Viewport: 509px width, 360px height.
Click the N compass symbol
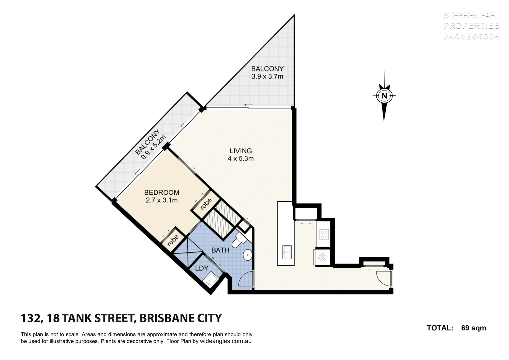tap(384, 96)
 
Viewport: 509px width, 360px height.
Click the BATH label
tap(220, 250)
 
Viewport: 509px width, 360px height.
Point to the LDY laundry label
tap(201, 268)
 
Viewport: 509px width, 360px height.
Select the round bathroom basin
tap(248, 256)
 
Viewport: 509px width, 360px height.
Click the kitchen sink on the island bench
tap(287, 252)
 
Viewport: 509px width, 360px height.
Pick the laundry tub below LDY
tap(210, 279)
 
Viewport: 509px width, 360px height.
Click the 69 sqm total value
tap(473, 328)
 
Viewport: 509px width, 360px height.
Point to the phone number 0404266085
tap(471, 36)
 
